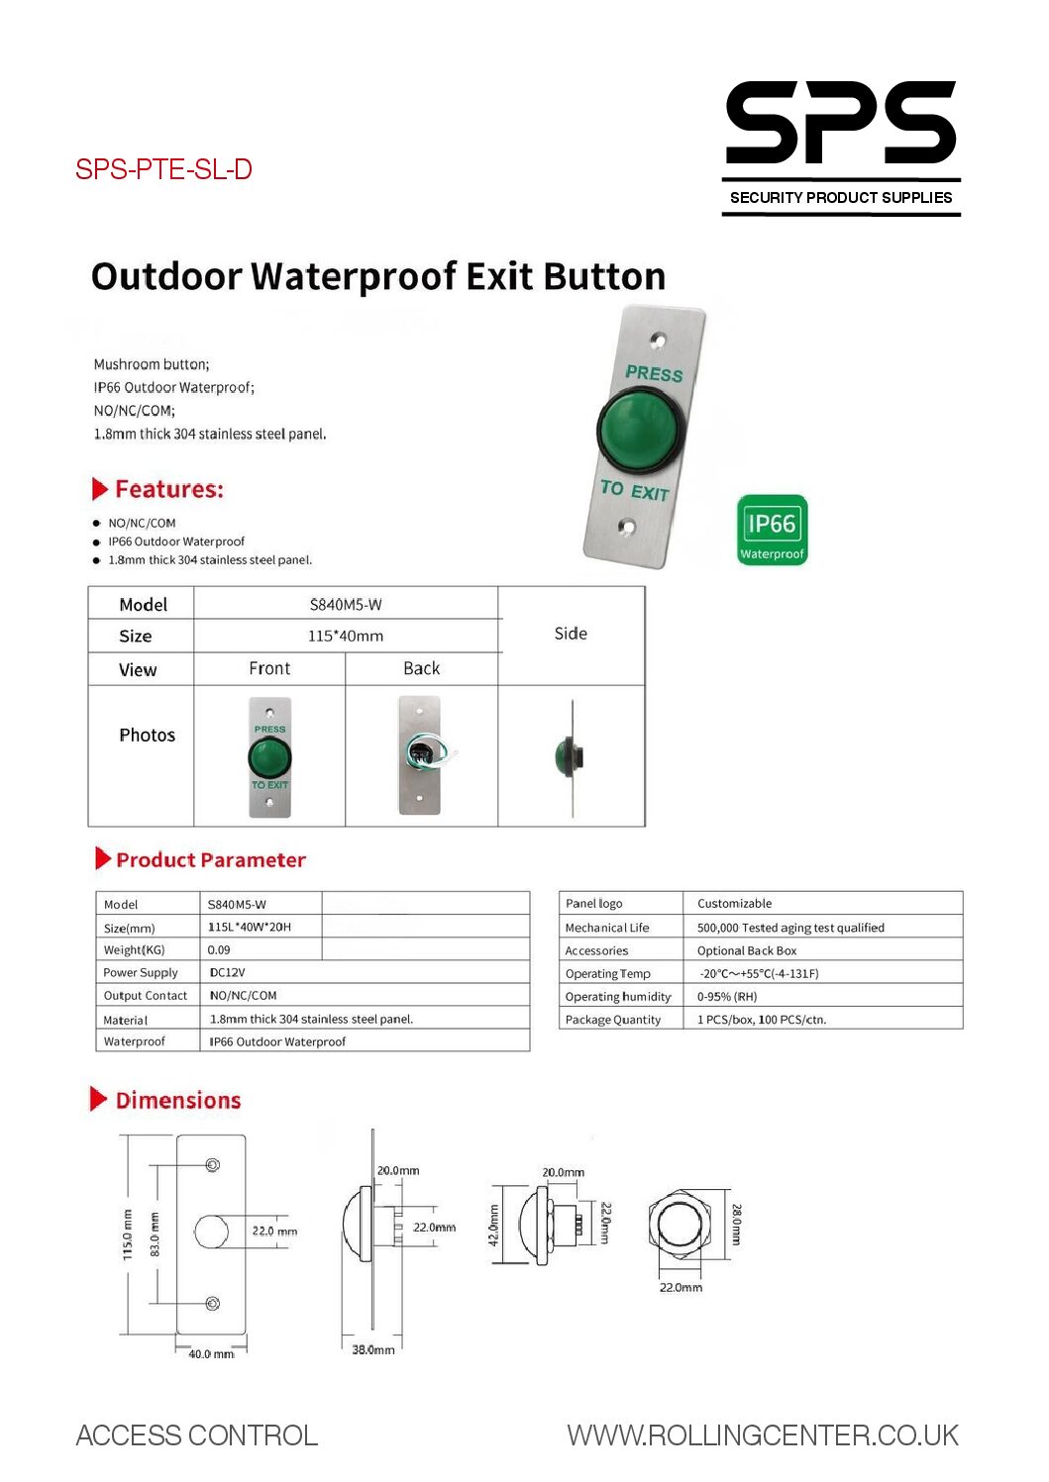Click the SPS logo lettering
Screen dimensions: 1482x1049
840,124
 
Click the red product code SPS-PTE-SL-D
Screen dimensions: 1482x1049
163,169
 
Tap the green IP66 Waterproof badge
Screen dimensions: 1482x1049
773,531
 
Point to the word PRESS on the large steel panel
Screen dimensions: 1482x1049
654,373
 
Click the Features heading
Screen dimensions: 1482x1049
168,489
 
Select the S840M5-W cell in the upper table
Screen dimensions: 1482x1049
346,604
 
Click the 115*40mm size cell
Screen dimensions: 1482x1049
346,636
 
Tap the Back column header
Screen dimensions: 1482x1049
421,668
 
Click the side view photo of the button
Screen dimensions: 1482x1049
571,757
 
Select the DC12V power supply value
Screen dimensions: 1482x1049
227,972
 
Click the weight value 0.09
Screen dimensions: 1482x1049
219,949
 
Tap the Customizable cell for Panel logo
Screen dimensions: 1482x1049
734,903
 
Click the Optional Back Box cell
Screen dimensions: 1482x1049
747,950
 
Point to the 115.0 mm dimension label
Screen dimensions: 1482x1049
127,1234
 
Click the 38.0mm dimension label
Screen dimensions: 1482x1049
373,1349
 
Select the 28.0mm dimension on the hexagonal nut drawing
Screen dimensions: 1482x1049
736,1224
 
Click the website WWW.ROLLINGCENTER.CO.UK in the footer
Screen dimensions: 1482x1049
763,1435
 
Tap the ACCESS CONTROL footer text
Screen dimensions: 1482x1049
197,1435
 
